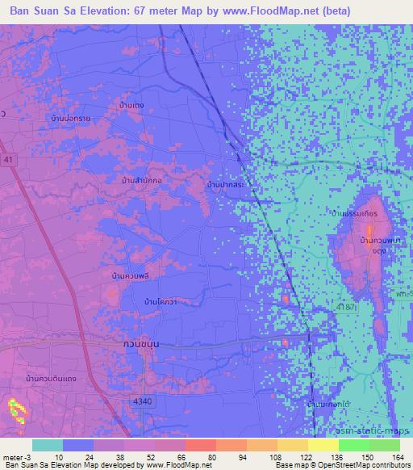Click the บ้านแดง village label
(131, 106)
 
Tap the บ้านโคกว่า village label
(161, 301)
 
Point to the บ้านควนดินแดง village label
(52, 378)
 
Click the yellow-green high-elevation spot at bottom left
(16, 411)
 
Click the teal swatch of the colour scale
(48, 445)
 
